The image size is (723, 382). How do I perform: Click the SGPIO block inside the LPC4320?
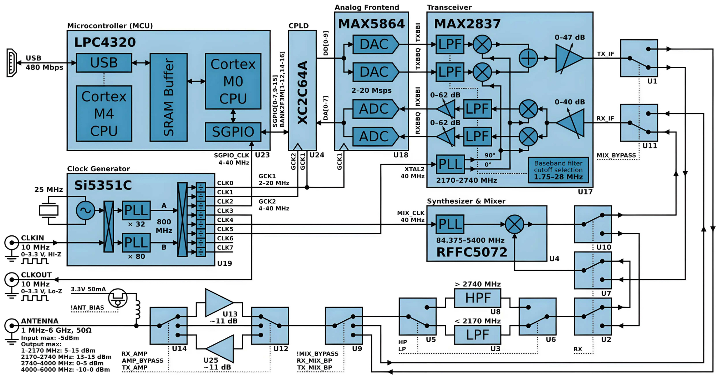(x=233, y=132)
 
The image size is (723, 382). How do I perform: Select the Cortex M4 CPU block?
(x=104, y=113)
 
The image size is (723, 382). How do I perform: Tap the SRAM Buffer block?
(x=168, y=97)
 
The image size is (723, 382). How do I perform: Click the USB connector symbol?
(x=11, y=63)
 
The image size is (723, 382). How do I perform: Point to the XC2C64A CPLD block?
(x=302, y=91)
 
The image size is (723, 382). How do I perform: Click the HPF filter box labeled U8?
(x=477, y=298)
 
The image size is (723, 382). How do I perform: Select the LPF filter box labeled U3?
(x=477, y=335)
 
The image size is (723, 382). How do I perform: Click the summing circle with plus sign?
(x=528, y=58)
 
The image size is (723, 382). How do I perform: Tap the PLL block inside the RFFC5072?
(x=450, y=224)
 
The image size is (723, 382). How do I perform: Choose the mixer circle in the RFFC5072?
(x=514, y=224)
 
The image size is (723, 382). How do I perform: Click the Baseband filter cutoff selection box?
(x=558, y=170)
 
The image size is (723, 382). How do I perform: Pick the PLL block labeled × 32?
(x=136, y=210)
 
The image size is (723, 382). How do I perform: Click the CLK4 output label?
(x=225, y=220)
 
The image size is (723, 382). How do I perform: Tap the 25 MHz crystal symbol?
(x=49, y=210)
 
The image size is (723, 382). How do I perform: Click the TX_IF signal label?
(x=605, y=54)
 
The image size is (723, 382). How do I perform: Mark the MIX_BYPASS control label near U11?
(x=616, y=155)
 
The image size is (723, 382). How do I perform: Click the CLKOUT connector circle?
(x=11, y=280)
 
